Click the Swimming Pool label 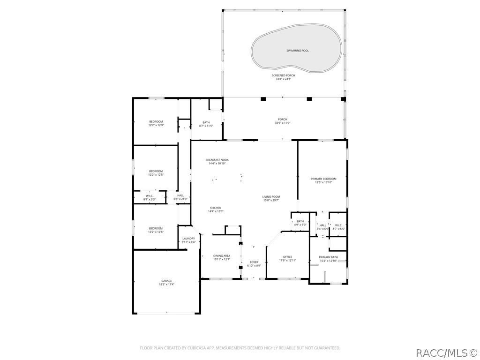tap(298, 50)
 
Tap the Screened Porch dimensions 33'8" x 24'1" tap(283, 79)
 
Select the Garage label tap(166, 281)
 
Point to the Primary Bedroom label tap(323, 179)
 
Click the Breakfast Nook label tap(217, 160)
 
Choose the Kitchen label tap(216, 208)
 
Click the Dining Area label tap(222, 255)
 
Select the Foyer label tap(254, 262)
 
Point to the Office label tap(287, 256)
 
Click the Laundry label tap(188, 239)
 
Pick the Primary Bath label tap(328, 257)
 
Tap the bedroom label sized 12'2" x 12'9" tap(156, 121)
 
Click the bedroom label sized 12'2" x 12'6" tap(156, 228)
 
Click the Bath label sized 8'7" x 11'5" tap(206, 122)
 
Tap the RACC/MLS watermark tap(447, 352)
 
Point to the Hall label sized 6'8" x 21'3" tap(180, 195)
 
